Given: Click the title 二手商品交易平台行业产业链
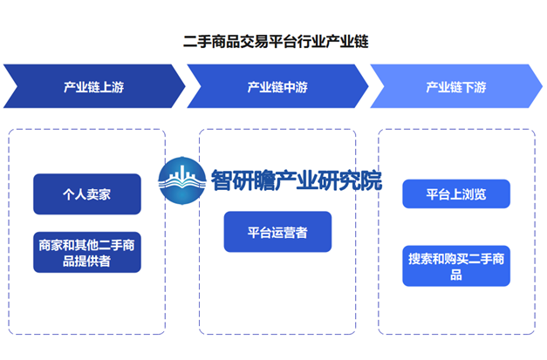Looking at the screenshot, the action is (x=276, y=42).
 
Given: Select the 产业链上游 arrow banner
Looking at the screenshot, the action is (x=94, y=86).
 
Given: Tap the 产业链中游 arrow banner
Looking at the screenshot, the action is (x=277, y=86).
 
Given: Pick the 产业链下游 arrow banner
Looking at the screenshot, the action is (x=456, y=86).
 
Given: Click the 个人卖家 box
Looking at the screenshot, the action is (x=87, y=194).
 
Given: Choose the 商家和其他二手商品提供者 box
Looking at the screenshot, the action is (x=87, y=252).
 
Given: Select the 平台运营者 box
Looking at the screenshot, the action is (x=277, y=232).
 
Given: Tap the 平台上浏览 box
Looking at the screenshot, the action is (x=456, y=194).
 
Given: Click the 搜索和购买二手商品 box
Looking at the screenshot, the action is (x=456, y=266).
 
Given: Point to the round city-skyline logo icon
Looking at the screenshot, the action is (x=181, y=180).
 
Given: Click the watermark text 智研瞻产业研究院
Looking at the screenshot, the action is (x=297, y=180).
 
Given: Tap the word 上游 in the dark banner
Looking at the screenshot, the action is (x=112, y=87).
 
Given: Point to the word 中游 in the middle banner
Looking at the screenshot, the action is (x=296, y=87).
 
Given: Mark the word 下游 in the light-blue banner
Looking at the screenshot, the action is (x=474, y=87).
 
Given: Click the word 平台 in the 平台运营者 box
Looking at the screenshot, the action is (x=260, y=233).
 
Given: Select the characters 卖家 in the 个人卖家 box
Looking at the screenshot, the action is (x=99, y=194).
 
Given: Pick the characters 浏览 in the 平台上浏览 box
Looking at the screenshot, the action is (x=474, y=194).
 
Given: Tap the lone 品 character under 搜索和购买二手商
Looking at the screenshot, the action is (x=456, y=275).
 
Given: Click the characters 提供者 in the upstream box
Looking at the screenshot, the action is (x=93, y=261).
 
